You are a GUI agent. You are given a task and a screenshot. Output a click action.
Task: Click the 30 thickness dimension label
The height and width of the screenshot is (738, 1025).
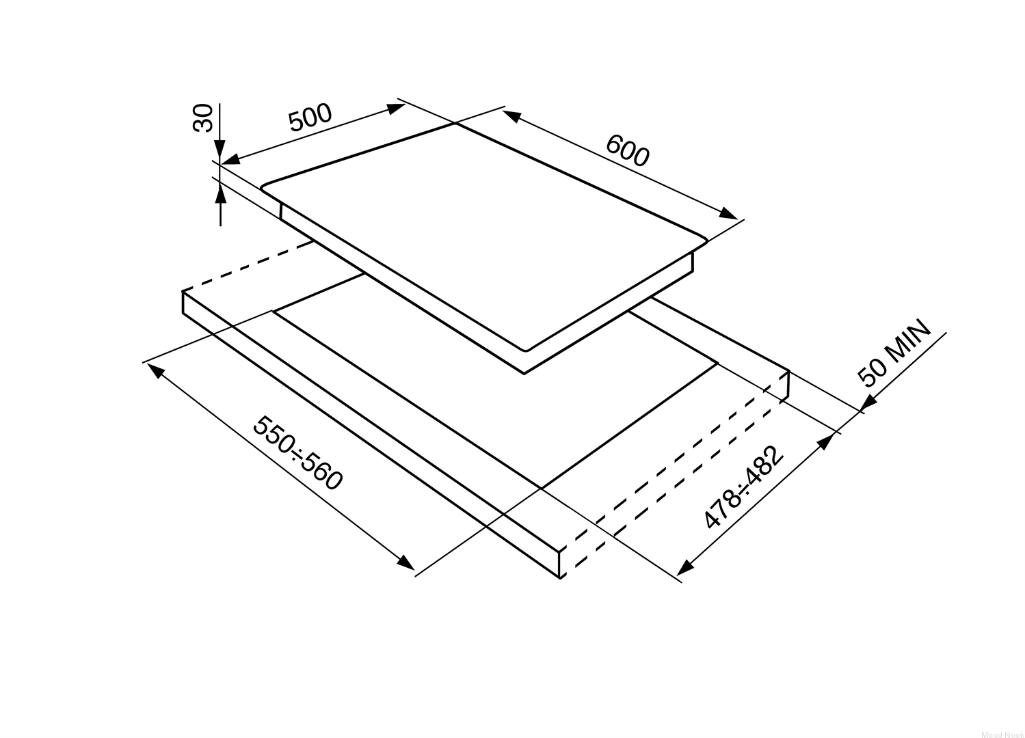pos(203,118)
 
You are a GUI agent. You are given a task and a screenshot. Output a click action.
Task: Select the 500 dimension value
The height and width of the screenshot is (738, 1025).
pos(310,118)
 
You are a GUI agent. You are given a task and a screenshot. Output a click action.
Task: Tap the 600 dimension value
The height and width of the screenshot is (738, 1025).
pos(627,151)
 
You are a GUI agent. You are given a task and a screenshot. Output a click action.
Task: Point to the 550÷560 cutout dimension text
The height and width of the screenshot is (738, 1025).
pos(298,453)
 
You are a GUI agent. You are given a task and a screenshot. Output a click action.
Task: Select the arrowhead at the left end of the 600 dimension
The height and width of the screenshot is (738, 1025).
pos(512,116)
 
